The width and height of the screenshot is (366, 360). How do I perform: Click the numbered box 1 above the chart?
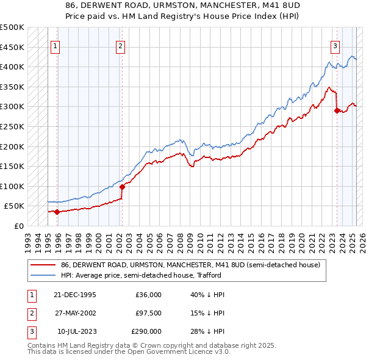pos(55,45)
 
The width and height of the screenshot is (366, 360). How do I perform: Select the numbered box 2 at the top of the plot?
pos(121,45)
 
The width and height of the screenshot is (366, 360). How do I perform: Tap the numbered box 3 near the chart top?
pos(335,45)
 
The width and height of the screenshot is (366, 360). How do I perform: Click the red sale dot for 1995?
pos(57,212)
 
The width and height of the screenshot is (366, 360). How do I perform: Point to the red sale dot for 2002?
pos(122,187)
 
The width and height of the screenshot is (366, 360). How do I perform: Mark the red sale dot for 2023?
pos(337,111)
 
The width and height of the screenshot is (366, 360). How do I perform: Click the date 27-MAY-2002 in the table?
pos(76,313)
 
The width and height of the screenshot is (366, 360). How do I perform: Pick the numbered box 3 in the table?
pos(30,331)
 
